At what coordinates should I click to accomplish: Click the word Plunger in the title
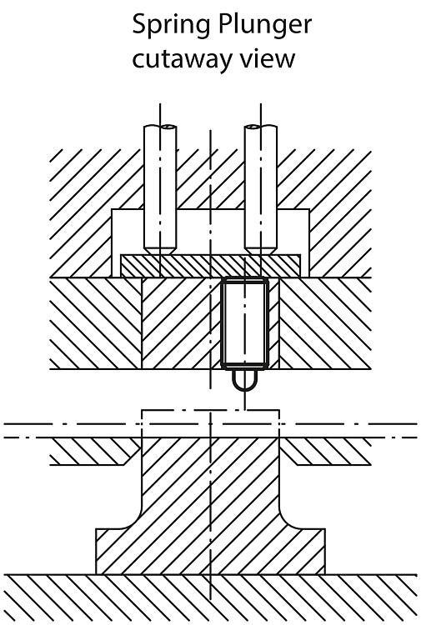265,26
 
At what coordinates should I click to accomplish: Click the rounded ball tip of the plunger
244,380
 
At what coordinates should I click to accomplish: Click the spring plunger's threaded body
245,322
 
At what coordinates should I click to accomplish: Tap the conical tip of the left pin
160,250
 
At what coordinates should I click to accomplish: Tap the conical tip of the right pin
261,250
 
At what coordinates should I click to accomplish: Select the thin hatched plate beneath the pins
210,266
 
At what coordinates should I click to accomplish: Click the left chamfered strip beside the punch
93,451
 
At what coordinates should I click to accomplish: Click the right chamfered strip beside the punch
326,451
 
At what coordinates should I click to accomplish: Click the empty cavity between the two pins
210,231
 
